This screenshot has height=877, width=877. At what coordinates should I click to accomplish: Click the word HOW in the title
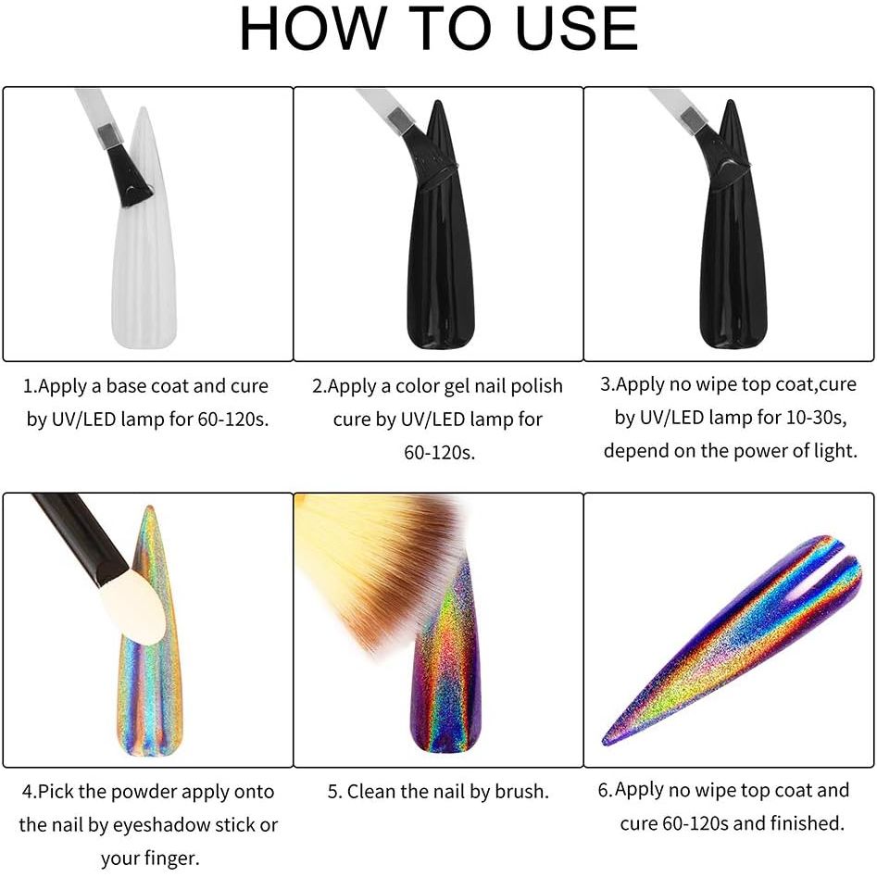pos(313,29)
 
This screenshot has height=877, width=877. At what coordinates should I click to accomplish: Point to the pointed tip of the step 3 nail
pos(730,101)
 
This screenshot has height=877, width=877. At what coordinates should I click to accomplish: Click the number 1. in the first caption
pos(30,386)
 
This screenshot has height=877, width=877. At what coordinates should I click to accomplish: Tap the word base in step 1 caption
pos(128,386)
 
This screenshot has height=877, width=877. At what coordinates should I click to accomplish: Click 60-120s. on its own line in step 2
pos(440,452)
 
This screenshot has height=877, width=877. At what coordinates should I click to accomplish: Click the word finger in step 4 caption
pos(173,858)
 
